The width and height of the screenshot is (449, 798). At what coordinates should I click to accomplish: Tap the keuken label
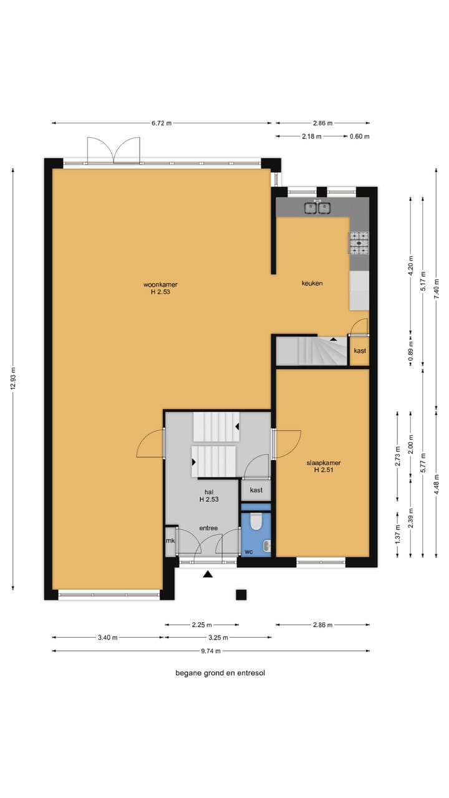click(312, 283)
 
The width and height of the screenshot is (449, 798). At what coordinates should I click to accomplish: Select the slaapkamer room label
click(323, 467)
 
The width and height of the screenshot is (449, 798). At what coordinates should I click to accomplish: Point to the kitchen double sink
click(317, 208)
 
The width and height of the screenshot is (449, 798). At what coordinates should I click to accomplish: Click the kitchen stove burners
click(359, 243)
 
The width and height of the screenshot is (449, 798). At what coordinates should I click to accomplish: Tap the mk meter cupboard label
click(170, 541)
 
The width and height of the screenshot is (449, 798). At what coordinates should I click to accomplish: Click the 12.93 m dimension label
click(12, 377)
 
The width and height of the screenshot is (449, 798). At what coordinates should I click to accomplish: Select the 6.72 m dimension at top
click(162, 123)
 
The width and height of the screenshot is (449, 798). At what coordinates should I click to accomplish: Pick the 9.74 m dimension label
click(211, 651)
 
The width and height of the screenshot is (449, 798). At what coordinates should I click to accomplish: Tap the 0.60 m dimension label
click(359, 136)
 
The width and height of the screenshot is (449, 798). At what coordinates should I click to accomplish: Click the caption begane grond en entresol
click(220, 673)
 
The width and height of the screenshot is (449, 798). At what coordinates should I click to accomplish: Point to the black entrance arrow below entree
click(208, 574)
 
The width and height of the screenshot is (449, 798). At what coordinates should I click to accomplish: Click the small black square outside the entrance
click(241, 594)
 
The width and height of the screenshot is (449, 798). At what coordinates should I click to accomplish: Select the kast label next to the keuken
click(360, 350)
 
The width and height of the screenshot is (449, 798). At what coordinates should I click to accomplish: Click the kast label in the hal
click(256, 490)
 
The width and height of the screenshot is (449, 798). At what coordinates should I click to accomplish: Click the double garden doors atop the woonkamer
click(113, 151)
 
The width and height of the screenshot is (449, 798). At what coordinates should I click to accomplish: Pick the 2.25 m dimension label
click(201, 625)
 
